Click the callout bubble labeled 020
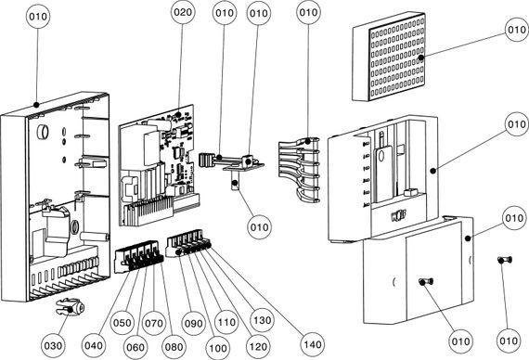[183, 12]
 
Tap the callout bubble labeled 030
[53, 345]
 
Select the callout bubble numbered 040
[94, 345]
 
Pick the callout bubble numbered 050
[123, 323]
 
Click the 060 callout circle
[135, 347]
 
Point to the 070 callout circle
[154, 323]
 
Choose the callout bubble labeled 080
[174, 346]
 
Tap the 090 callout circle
[193, 323]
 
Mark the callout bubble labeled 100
[217, 348]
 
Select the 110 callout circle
[226, 322]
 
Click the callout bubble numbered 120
[258, 346]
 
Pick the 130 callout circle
[262, 320]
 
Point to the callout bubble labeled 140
[313, 344]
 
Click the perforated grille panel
[389, 57]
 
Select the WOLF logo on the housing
[398, 215]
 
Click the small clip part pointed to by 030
[71, 307]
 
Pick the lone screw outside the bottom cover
[505, 260]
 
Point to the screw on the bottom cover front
[426, 281]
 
